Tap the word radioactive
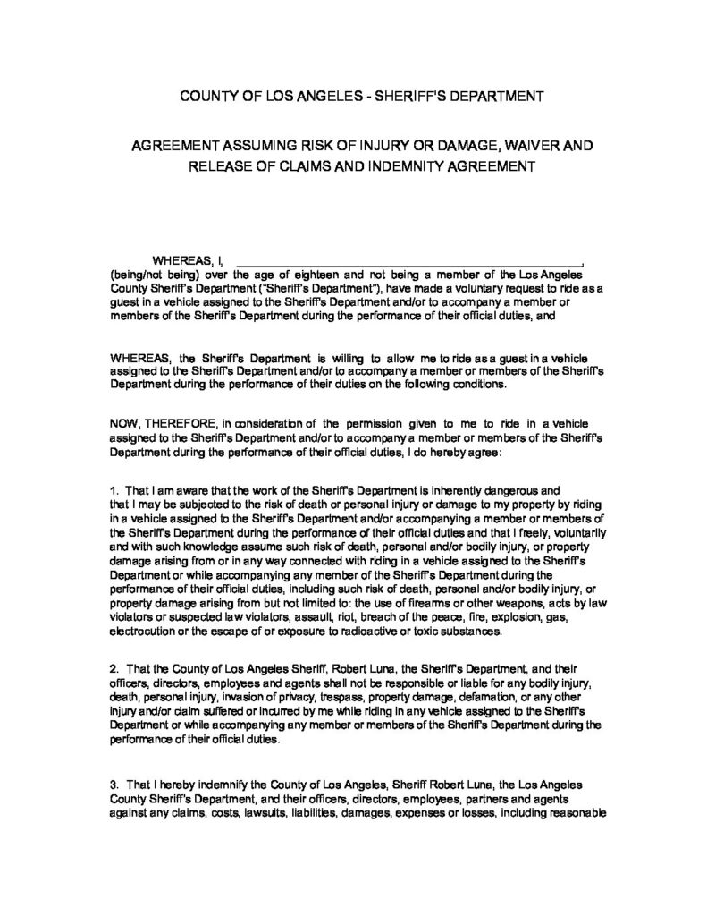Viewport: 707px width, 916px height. click(379, 631)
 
